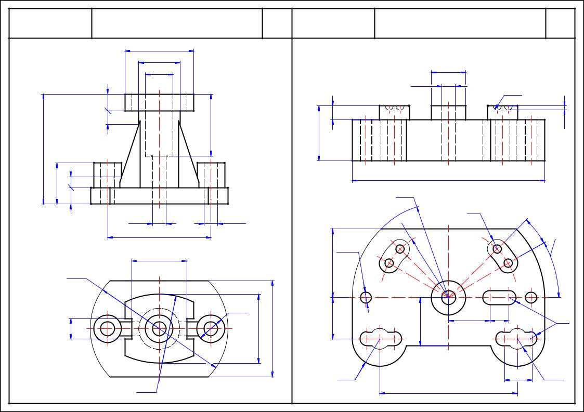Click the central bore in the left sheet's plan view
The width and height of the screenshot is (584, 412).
[x=159, y=328]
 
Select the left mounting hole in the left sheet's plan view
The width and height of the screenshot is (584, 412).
[x=108, y=328]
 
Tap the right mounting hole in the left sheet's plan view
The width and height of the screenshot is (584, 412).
[x=211, y=328]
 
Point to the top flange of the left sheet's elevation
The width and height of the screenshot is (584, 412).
[x=160, y=102]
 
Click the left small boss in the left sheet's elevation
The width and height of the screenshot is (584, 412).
[x=107, y=175]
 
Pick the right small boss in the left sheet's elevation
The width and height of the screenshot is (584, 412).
[x=211, y=175]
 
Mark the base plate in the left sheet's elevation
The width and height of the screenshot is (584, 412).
[x=160, y=196]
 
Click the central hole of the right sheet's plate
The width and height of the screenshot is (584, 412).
[x=448, y=297]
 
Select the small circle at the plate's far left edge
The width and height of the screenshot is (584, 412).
[x=366, y=297]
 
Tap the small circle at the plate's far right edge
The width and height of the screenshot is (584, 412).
[x=531, y=297]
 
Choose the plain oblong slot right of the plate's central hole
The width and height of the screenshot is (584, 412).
[x=499, y=297]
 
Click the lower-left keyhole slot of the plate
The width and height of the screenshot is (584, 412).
[x=381, y=338]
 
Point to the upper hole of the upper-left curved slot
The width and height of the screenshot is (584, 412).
[x=400, y=249]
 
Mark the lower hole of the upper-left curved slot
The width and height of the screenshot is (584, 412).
[x=388, y=263]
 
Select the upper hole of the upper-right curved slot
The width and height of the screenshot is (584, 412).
[x=497, y=249]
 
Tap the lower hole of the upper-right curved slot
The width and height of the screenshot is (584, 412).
[x=508, y=263]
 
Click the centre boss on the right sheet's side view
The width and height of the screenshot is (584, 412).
[x=448, y=112]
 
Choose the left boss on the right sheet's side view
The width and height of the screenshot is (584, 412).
[x=394, y=112]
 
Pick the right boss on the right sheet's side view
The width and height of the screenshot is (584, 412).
[x=502, y=112]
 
